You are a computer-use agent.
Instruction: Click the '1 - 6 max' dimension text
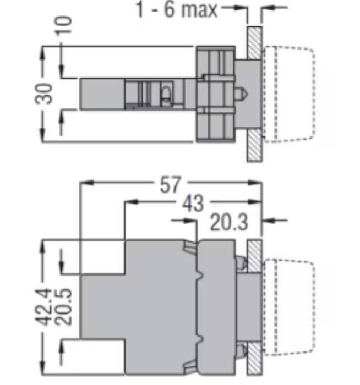coord(177,9)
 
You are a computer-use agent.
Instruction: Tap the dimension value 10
coord(63,26)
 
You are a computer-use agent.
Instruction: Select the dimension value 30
coord(43,94)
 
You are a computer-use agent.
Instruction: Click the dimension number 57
coord(170,185)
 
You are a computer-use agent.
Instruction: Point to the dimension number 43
coord(193,204)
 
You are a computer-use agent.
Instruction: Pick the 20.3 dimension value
coord(229,222)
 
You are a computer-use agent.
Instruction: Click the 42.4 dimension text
coord(43,307)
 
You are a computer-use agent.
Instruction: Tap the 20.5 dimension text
coord(63,307)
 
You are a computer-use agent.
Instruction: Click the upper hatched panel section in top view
coord(254,43)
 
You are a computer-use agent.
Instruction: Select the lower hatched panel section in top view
coord(254,145)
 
